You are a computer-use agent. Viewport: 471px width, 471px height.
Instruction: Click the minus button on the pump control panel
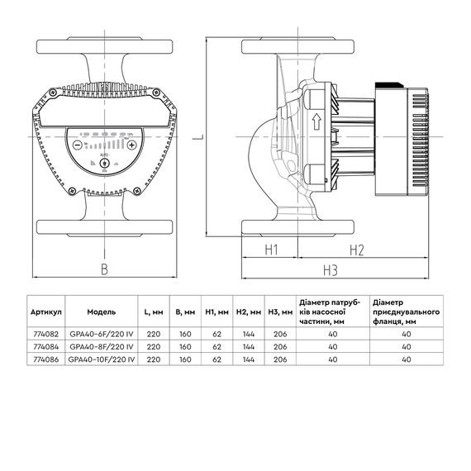pyautogui.click(x=78, y=143)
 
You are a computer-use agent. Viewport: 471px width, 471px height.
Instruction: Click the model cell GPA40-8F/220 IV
pyautogui.click(x=102, y=348)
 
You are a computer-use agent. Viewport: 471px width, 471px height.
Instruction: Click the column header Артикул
pyautogui.click(x=46, y=313)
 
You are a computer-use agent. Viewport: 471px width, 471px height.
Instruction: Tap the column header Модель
pyautogui.click(x=102, y=313)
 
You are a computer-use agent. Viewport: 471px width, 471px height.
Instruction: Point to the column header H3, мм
pyautogui.click(x=281, y=313)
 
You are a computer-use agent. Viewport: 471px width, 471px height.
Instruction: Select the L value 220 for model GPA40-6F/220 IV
pyautogui.click(x=153, y=335)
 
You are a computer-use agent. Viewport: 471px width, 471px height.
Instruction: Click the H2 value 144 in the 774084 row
pyautogui.click(x=249, y=348)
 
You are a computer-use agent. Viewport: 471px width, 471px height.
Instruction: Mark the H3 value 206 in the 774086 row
pyautogui.click(x=281, y=360)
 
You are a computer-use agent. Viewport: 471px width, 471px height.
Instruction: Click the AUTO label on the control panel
pyautogui.click(x=103, y=155)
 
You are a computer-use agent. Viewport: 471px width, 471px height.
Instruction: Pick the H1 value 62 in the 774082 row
pyautogui.click(x=216, y=335)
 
